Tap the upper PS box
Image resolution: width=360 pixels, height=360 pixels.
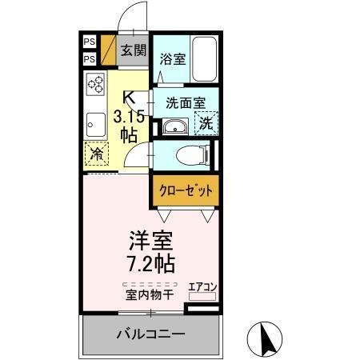(90, 40)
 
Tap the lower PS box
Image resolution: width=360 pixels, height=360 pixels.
(90, 58)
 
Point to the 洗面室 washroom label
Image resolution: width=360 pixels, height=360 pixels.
(186, 102)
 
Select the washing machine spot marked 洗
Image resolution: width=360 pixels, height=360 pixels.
(206, 125)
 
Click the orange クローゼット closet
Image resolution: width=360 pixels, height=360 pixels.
(184, 190)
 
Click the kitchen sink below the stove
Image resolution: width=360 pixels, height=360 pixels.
(96, 124)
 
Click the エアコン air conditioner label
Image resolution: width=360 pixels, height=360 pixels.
(202, 286)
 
